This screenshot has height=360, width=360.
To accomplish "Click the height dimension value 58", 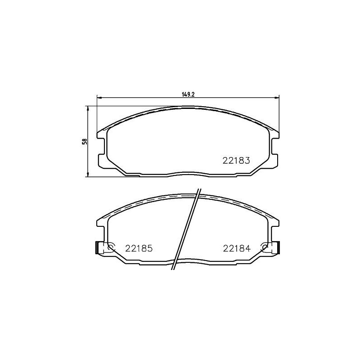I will (84, 141).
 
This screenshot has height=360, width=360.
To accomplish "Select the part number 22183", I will (236, 160).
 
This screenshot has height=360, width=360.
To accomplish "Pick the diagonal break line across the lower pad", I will (185, 229).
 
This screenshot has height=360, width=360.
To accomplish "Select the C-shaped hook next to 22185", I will (112, 247).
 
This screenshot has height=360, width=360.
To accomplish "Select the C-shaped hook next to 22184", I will (265, 247).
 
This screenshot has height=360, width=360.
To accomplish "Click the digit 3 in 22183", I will (247, 160).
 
